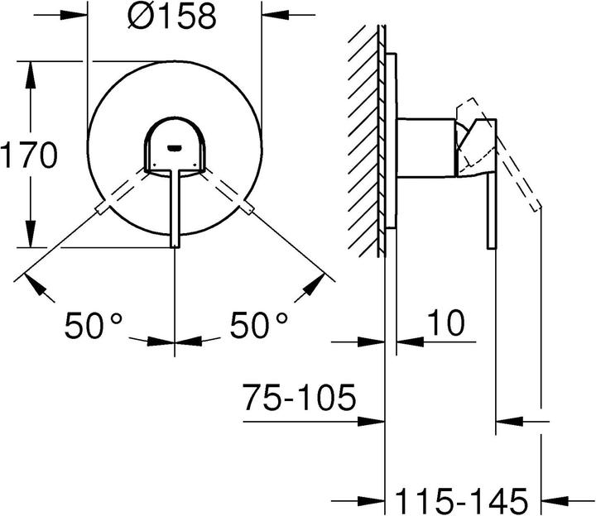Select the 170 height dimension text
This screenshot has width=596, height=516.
(x=28, y=155)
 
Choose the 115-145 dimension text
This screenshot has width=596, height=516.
(x=460, y=499)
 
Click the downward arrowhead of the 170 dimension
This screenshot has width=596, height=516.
(x=33, y=236)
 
